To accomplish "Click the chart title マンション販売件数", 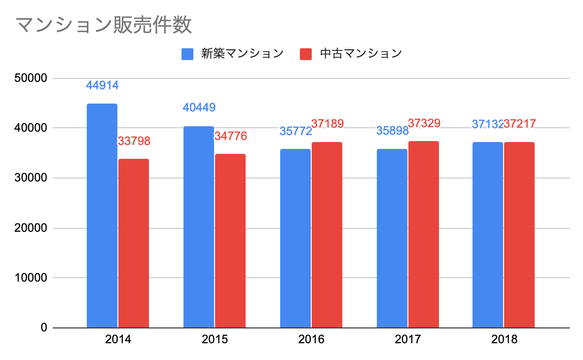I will (x=103, y=25).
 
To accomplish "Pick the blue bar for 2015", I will (x=199, y=227).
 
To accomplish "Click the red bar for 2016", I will (x=327, y=235).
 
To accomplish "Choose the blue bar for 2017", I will (x=392, y=238).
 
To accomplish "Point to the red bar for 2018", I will (x=519, y=235).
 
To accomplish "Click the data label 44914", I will (x=102, y=85).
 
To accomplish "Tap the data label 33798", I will (x=134, y=142).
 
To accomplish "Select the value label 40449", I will (x=199, y=108).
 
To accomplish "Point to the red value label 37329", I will (x=424, y=123).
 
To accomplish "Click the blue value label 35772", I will (x=295, y=131).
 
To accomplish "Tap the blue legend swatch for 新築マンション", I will (x=187, y=54).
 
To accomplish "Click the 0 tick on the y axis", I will (x=43, y=328).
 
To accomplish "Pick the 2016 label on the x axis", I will (x=311, y=340).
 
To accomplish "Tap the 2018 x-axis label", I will (x=504, y=340).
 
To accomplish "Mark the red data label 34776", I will (x=231, y=136).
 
